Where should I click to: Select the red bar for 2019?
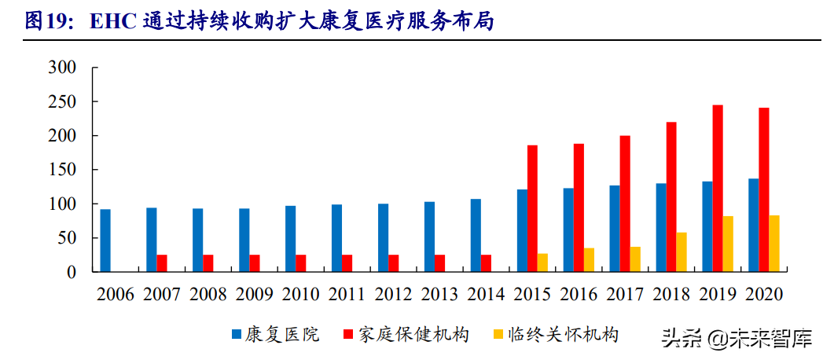pos(718,189)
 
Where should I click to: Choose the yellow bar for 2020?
pos(774,244)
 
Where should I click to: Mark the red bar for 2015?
pos(532,208)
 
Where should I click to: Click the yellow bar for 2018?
pos(682,252)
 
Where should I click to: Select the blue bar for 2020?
pos(753,225)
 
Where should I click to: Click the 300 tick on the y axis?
pos(62,68)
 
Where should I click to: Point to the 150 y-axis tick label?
pos(62,170)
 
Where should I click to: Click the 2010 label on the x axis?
pos(300,295)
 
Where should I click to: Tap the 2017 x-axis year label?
pos(625,295)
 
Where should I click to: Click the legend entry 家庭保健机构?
pos(413,335)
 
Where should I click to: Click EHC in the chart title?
pos(114,22)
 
